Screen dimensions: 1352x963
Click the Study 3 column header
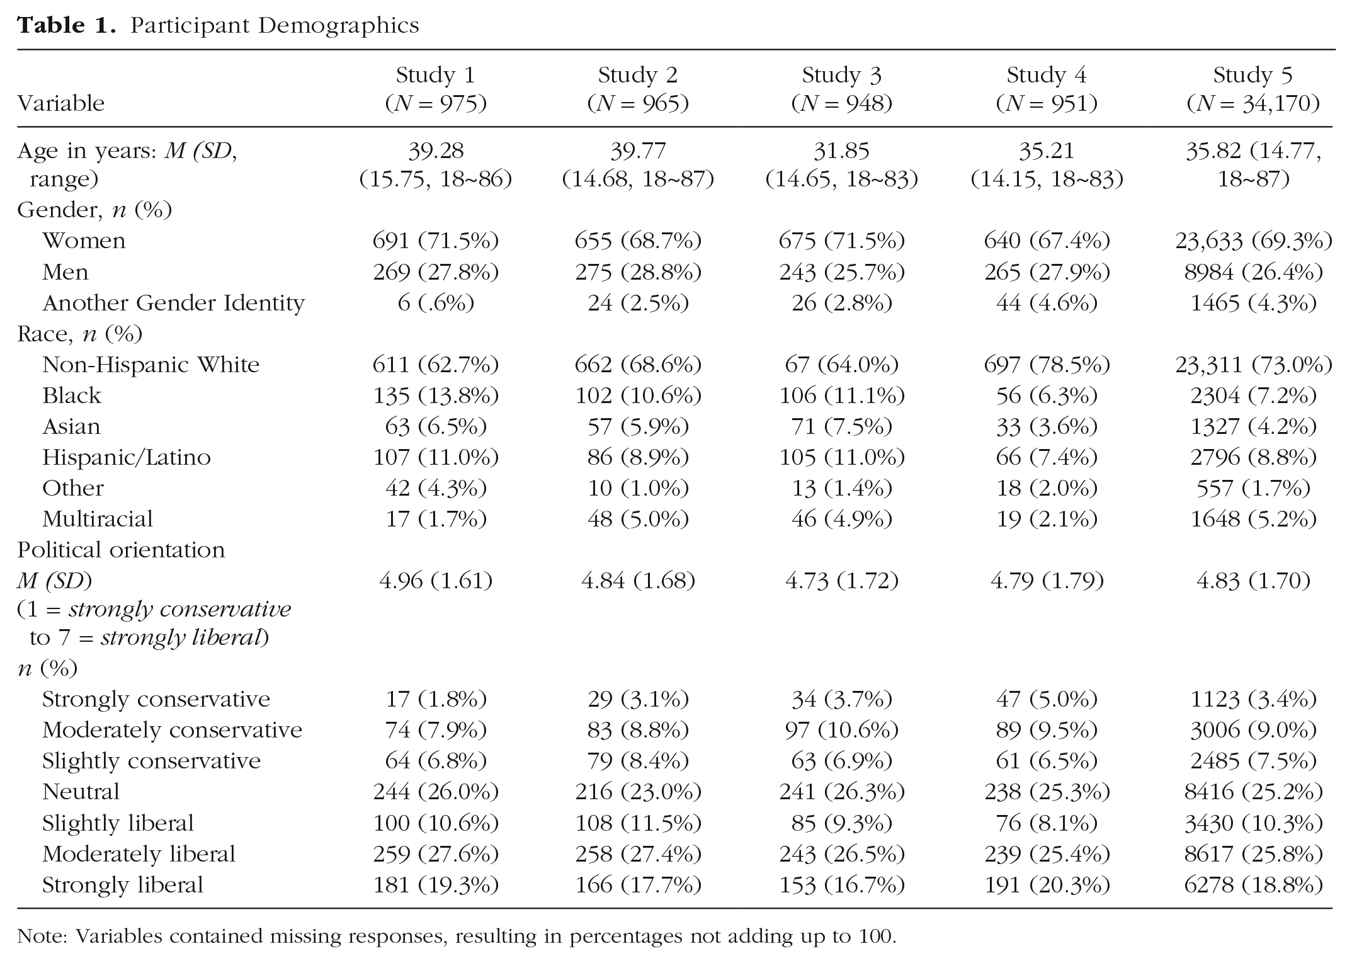(x=841, y=76)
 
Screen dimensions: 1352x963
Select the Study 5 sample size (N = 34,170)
(x=1253, y=103)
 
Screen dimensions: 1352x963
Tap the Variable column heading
(x=61, y=103)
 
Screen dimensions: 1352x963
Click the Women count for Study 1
(x=436, y=241)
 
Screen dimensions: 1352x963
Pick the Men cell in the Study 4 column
(x=1047, y=271)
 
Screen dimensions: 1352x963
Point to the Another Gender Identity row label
(x=173, y=304)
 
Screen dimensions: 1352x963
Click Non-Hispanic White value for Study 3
(x=841, y=365)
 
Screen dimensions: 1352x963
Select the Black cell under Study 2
(x=638, y=396)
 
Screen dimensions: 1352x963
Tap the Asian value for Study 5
(x=1253, y=426)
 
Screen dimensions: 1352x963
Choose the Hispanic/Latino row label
(x=127, y=457)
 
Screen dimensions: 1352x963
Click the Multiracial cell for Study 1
(x=436, y=519)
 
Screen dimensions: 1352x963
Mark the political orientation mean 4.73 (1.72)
(x=841, y=581)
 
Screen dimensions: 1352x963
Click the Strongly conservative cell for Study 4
(x=1047, y=699)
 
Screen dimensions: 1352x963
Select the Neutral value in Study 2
(x=638, y=792)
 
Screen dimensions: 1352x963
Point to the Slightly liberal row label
(x=118, y=823)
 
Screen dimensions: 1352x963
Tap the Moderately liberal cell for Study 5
(x=1253, y=854)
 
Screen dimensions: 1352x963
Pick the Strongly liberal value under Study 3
(x=841, y=885)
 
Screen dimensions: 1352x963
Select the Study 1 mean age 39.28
(x=436, y=151)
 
